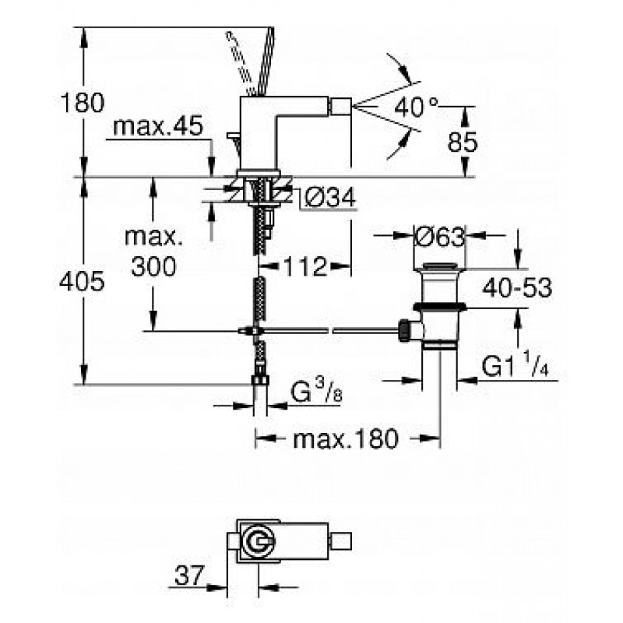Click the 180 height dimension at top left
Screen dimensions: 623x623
83,103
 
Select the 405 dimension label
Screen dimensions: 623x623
82,282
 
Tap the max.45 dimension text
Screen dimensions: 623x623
158,126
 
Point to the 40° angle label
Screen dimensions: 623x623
416,107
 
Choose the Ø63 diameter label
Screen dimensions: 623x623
439,237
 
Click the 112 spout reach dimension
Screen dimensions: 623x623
305,266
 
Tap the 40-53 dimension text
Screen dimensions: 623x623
517,287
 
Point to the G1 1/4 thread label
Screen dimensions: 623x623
516,366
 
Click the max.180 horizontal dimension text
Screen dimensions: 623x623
345,438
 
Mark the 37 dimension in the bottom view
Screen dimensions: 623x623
188,575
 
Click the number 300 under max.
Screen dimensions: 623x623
153,266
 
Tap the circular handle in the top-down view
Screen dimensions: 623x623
259,541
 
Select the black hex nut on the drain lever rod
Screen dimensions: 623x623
404,329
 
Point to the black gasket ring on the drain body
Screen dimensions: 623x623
439,306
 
